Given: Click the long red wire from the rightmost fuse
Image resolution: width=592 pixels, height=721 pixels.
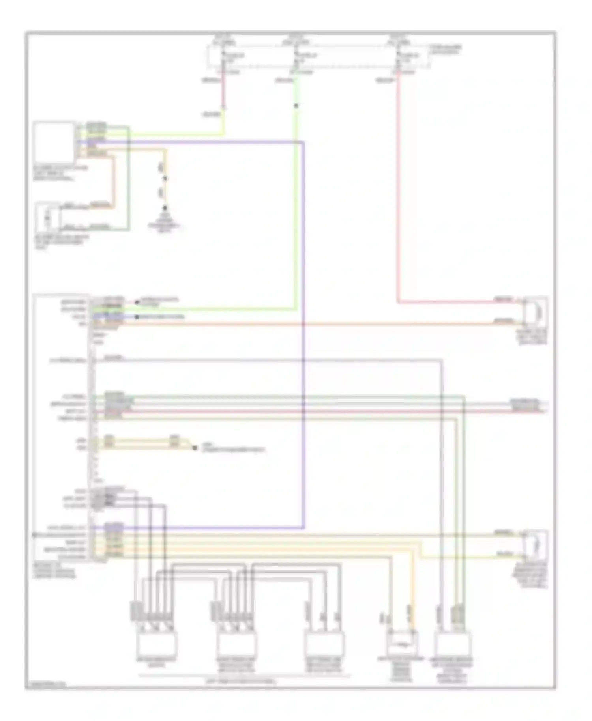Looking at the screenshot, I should (398, 197).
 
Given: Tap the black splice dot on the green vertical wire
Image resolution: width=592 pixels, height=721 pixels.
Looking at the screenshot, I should (296, 106).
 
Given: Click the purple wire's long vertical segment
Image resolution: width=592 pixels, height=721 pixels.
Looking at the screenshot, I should (303, 335).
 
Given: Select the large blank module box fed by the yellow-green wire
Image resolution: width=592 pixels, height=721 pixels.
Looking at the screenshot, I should (54, 142).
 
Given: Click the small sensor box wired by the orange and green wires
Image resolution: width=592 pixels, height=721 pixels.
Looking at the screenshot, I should (48, 217).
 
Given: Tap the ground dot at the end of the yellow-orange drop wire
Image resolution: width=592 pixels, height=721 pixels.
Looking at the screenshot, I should (165, 208).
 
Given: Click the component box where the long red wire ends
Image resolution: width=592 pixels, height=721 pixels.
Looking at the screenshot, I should (536, 312).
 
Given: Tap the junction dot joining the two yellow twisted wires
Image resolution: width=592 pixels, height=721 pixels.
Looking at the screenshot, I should (194, 448).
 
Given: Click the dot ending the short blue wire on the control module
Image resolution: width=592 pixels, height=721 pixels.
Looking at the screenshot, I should (137, 317).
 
